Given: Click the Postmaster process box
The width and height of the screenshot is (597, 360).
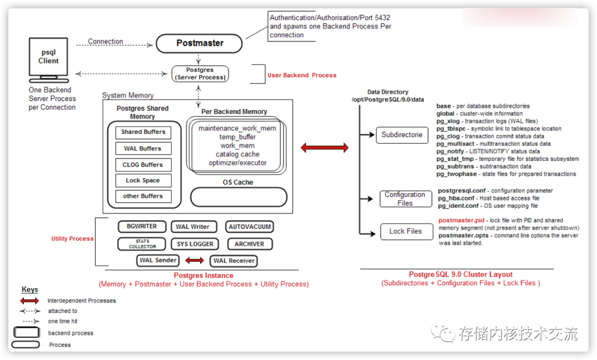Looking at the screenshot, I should tap(199, 43).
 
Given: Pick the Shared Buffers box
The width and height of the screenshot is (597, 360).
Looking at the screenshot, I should tap(143, 132).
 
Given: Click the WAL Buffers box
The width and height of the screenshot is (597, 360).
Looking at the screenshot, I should tap(143, 148).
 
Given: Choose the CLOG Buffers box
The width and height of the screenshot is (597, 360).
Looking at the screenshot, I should tap(143, 165).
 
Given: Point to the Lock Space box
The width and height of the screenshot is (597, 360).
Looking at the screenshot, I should tap(143, 180).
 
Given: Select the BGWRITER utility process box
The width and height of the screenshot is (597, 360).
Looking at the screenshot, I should tap(142, 227).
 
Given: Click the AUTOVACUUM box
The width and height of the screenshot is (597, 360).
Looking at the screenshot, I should tap(249, 227).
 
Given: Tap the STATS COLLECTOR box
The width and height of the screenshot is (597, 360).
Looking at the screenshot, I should tap(142, 244).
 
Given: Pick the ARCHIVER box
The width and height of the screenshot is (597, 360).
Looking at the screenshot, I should tap(249, 244).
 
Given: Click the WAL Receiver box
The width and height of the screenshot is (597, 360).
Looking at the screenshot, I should tap(234, 260).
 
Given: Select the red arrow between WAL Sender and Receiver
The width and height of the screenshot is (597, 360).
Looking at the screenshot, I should tap(194, 260).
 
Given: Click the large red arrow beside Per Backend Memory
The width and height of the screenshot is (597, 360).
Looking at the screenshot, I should tap(324, 148).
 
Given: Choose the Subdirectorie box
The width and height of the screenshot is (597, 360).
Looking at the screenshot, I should tap(402, 135).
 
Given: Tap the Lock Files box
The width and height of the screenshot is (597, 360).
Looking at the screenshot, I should tap(406, 231).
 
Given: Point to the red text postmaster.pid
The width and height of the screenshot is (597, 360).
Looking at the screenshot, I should tap(461, 221).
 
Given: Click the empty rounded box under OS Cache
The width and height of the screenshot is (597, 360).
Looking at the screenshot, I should tap(239, 197).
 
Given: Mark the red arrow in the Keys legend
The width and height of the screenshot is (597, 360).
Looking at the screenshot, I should tap(29, 301).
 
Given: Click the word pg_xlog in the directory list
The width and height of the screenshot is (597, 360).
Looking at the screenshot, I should tap(448, 121).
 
